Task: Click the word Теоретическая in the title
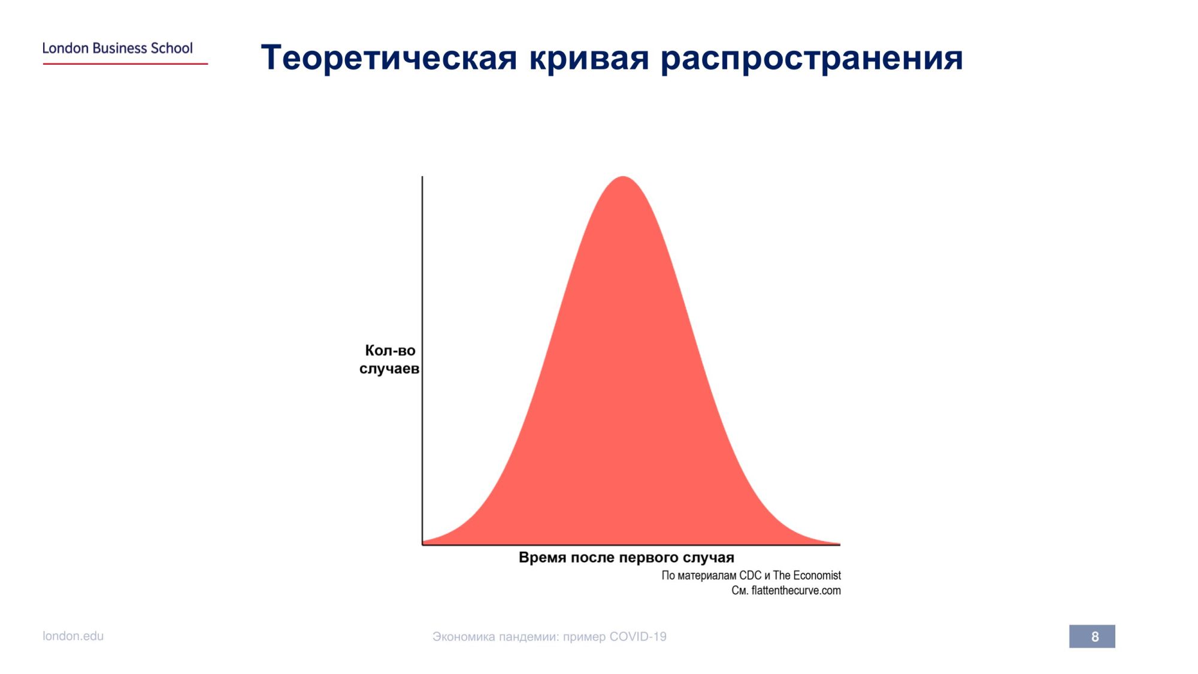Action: [389, 58]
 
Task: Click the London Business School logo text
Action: [117, 48]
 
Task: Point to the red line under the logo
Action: [125, 64]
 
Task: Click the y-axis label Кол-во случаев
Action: [389, 359]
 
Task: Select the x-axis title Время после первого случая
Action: [627, 557]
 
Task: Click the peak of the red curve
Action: [623, 177]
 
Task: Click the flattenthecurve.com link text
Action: [796, 590]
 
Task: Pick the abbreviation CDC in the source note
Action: [750, 575]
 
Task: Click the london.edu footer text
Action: [73, 636]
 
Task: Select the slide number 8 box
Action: [1092, 636]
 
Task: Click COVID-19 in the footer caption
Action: [638, 636]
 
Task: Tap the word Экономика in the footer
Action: [464, 637]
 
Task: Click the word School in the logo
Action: [172, 48]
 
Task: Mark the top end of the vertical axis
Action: [422, 176]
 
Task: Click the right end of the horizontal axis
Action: [840, 545]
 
